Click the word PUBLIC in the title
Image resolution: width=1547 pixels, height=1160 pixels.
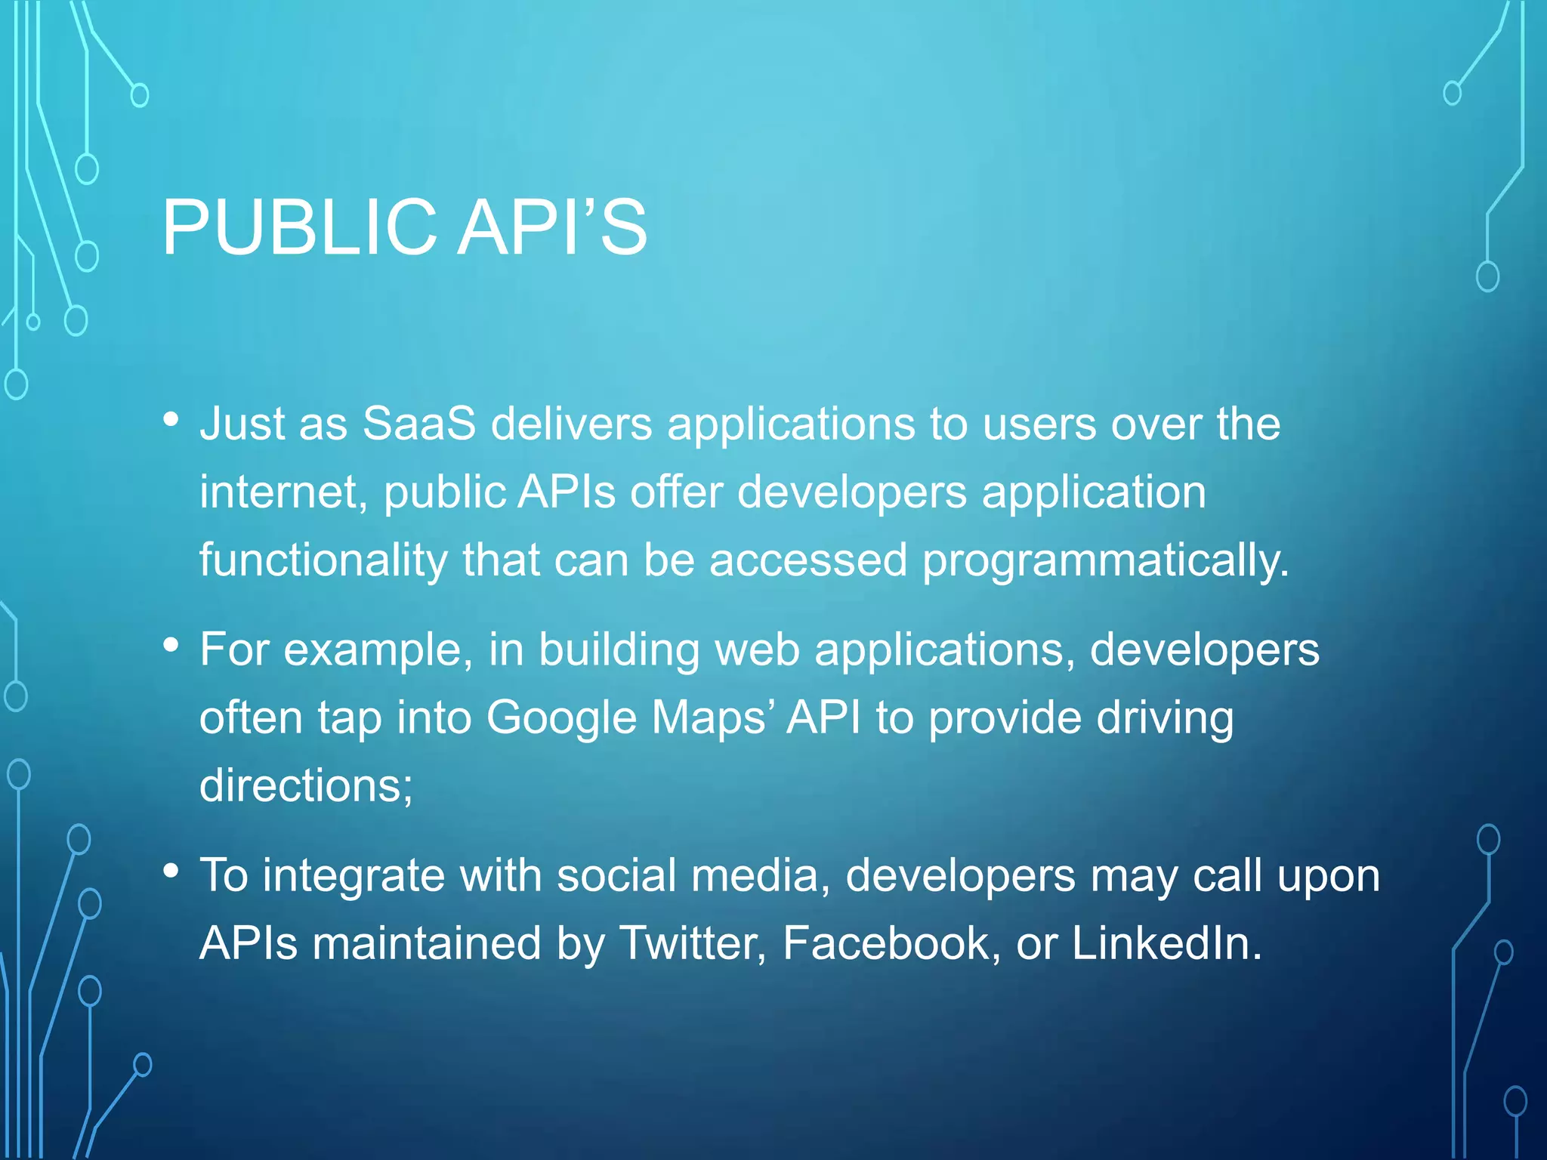coord(299,227)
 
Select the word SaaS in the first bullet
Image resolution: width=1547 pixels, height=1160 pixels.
coord(419,424)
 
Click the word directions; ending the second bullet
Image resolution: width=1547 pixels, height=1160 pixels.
coord(306,785)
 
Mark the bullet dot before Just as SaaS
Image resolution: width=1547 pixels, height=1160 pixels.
coord(171,419)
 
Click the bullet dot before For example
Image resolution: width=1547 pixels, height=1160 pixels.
coord(171,645)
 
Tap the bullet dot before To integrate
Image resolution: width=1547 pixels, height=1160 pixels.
coord(171,872)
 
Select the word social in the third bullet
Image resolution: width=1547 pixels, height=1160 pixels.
coord(616,876)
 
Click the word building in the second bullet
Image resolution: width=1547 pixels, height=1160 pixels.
coord(619,650)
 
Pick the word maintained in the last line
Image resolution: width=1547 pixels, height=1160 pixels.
coord(427,944)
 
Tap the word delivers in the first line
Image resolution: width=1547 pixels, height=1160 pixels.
coord(572,424)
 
